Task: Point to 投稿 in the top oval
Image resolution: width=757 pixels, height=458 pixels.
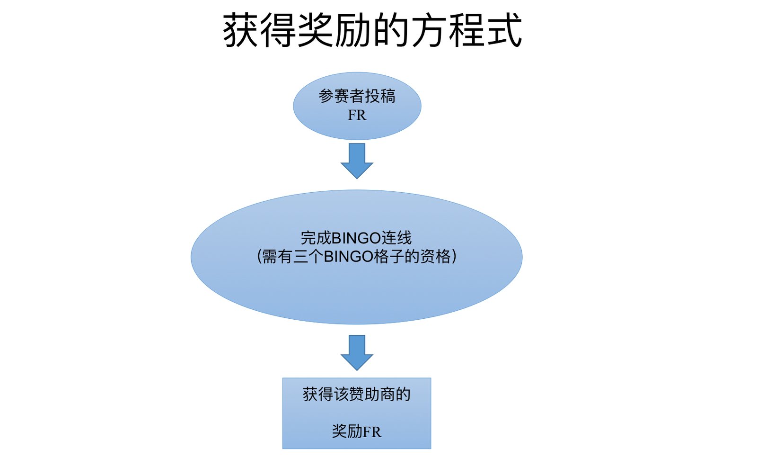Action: (x=380, y=96)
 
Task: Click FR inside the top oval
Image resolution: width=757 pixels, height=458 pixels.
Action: (x=357, y=116)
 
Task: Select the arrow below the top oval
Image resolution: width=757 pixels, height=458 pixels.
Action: (x=357, y=161)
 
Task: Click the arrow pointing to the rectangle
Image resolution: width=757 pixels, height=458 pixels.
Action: (x=357, y=352)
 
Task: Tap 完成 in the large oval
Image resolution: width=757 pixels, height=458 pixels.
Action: (x=316, y=238)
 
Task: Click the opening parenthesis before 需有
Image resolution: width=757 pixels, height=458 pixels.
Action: (x=258, y=257)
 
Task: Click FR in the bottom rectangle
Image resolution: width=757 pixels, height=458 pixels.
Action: (x=372, y=432)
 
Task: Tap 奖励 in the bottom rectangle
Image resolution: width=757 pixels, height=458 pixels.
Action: (x=347, y=431)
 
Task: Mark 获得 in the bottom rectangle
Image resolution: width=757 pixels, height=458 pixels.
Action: (x=318, y=394)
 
